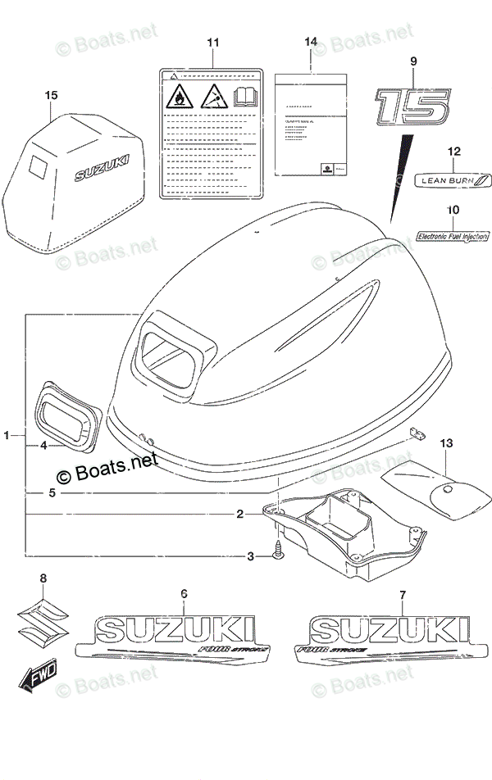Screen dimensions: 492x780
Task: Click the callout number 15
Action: [52, 96]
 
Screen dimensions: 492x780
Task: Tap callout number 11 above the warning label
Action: [213, 42]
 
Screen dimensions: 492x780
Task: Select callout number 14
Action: [310, 42]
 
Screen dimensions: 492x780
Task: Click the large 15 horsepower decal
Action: [412, 107]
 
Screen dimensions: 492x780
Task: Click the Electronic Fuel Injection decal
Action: [453, 237]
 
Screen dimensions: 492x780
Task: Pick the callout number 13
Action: [445, 443]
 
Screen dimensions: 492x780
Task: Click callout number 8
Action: [44, 578]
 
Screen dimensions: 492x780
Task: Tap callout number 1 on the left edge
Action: [7, 436]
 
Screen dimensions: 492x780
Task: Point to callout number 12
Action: [453, 152]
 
